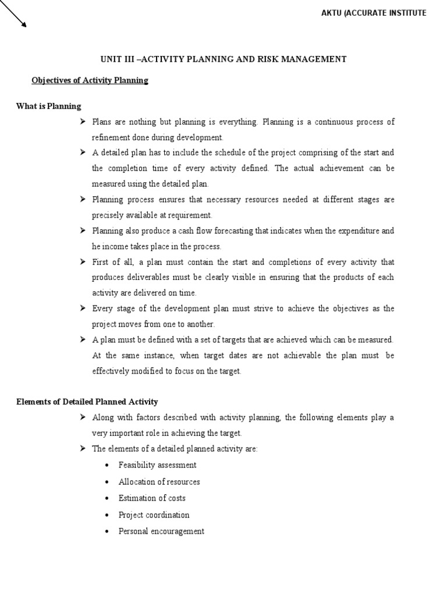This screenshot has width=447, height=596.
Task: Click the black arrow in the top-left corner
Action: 13,15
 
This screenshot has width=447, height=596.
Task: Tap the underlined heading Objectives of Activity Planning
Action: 90,80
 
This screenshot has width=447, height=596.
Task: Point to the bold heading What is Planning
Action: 49,106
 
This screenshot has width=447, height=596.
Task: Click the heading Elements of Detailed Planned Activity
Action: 87,402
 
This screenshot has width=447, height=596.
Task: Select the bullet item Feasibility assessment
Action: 157,465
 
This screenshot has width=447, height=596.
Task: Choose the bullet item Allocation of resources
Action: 159,482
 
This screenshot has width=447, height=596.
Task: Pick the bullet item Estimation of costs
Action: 152,498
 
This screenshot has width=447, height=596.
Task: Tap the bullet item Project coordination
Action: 154,515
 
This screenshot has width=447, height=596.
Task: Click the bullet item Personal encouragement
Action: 161,531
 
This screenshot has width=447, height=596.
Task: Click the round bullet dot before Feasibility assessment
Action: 108,466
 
